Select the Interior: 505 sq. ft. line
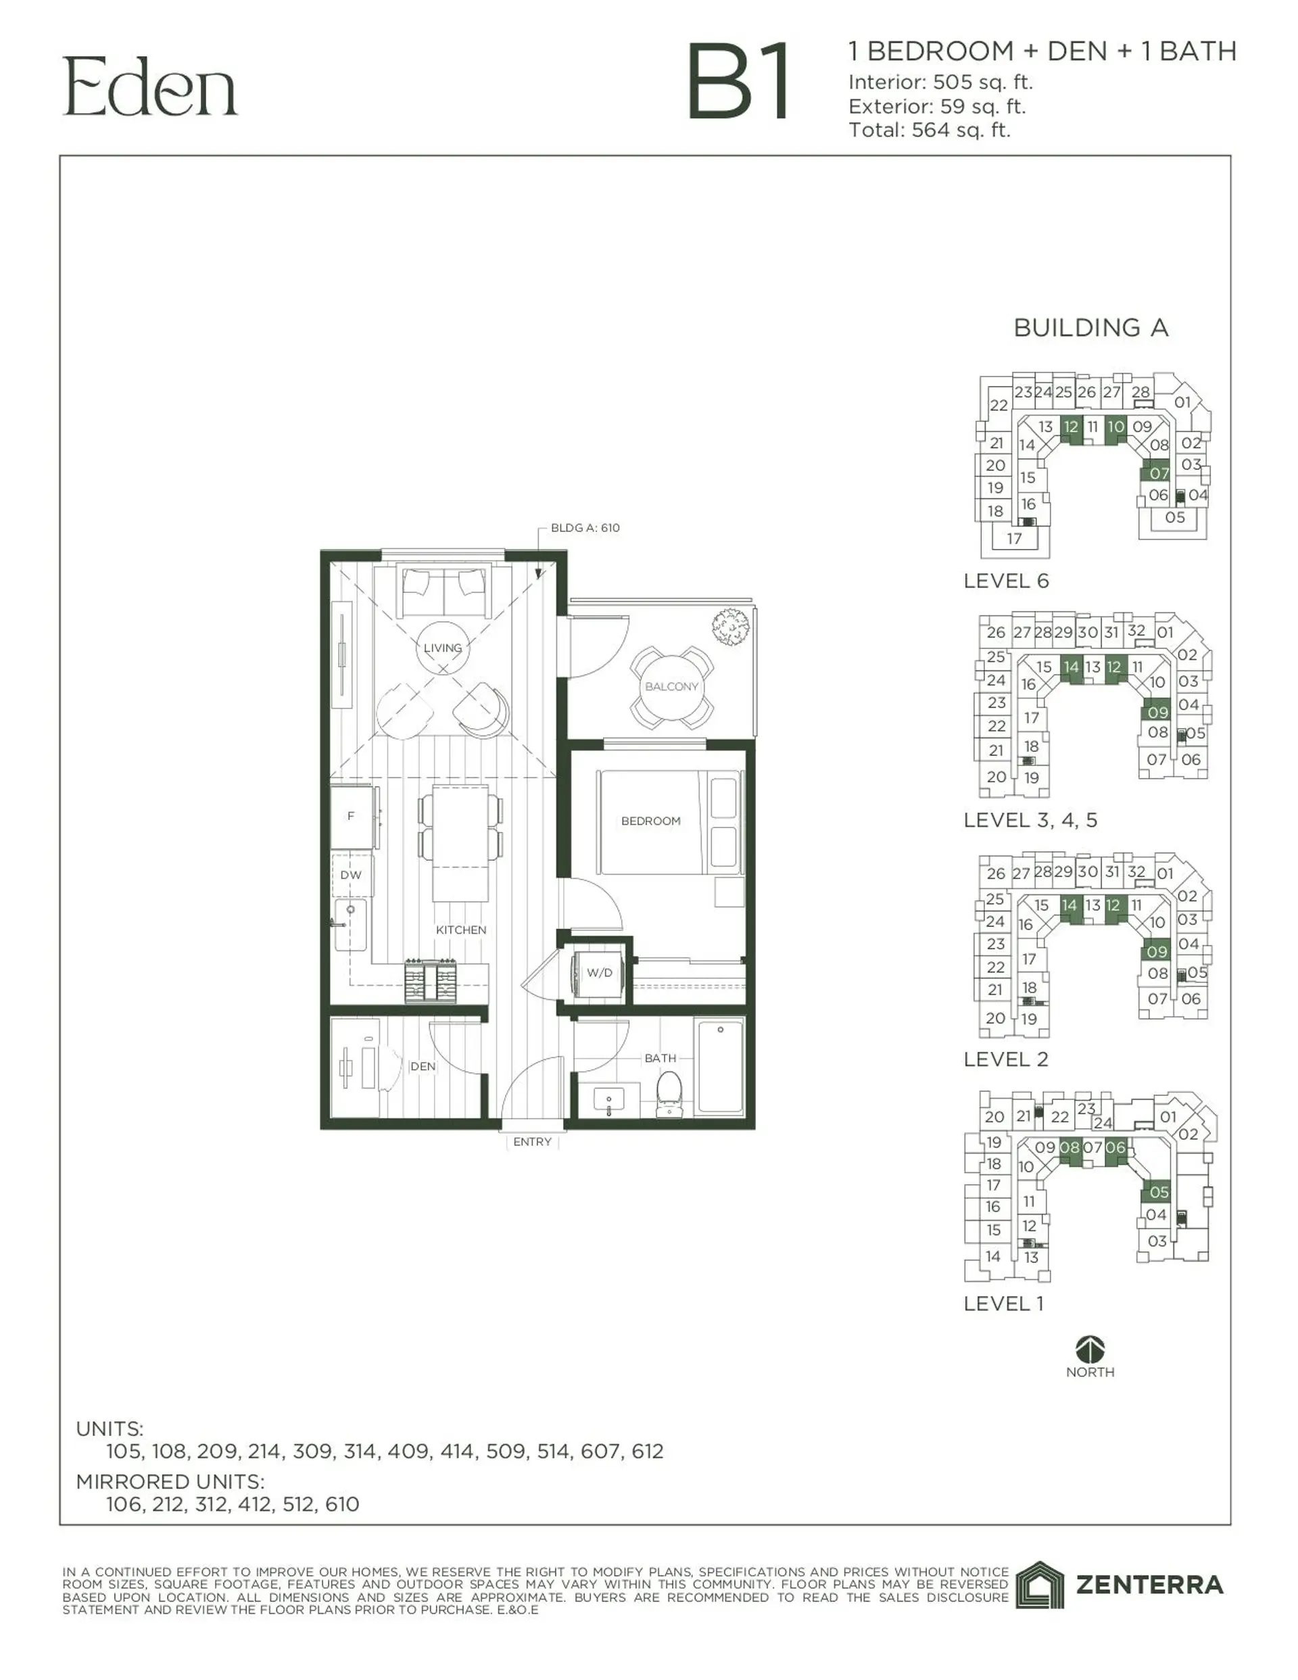tap(940, 82)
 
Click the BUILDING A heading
tap(1090, 328)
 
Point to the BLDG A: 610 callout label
tap(585, 528)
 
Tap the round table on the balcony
tap(671, 686)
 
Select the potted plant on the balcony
tap(730, 626)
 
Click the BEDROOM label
tap(650, 821)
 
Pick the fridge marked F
tap(352, 816)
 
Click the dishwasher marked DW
tap(351, 875)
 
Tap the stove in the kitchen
tap(431, 981)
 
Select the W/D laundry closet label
tap(600, 972)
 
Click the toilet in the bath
tap(669, 1093)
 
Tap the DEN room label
tap(423, 1066)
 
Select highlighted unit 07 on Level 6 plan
tap(1158, 473)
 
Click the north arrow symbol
tap(1090, 1349)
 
